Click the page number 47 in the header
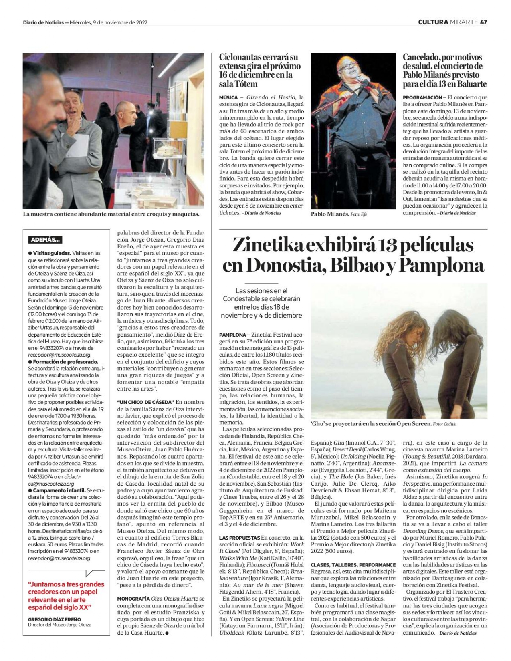[x=483, y=22]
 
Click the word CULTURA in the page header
[x=433, y=22]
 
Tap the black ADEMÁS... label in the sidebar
[x=45, y=240]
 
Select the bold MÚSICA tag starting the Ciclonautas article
[x=228, y=97]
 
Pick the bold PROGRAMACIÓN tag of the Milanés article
[x=422, y=97]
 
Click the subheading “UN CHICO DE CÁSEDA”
[x=145, y=402]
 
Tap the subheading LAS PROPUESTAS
[x=239, y=538]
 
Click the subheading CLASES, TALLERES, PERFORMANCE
[x=347, y=565]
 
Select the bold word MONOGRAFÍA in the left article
[x=133, y=599]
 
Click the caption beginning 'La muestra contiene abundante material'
[x=111, y=214]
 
